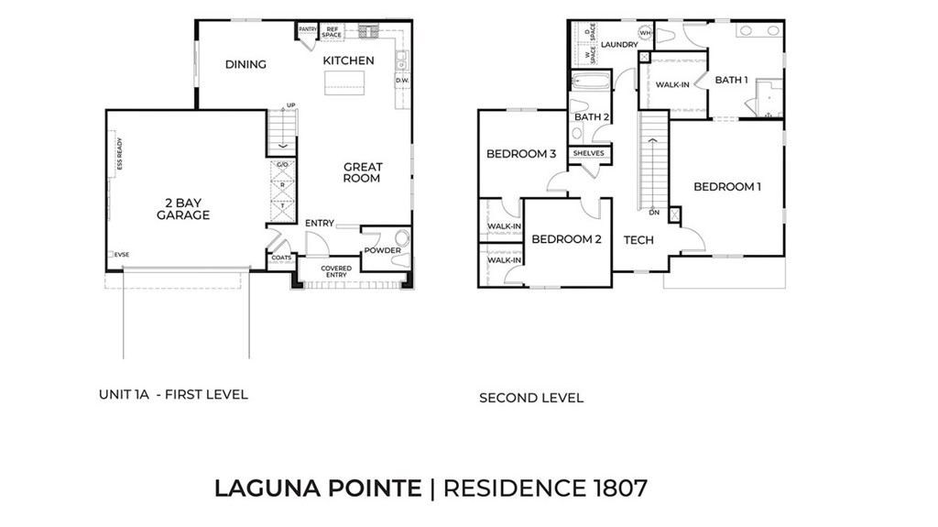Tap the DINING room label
245,64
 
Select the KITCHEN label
348,60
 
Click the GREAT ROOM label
363,172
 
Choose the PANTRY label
307,29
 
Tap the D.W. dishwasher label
402,81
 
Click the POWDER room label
382,250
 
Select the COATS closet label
281,258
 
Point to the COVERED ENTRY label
335,271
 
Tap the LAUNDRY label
618,44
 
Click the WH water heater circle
645,33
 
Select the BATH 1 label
731,80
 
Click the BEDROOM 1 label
727,187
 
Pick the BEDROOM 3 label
521,154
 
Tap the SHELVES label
588,153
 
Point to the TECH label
638,240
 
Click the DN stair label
654,212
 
